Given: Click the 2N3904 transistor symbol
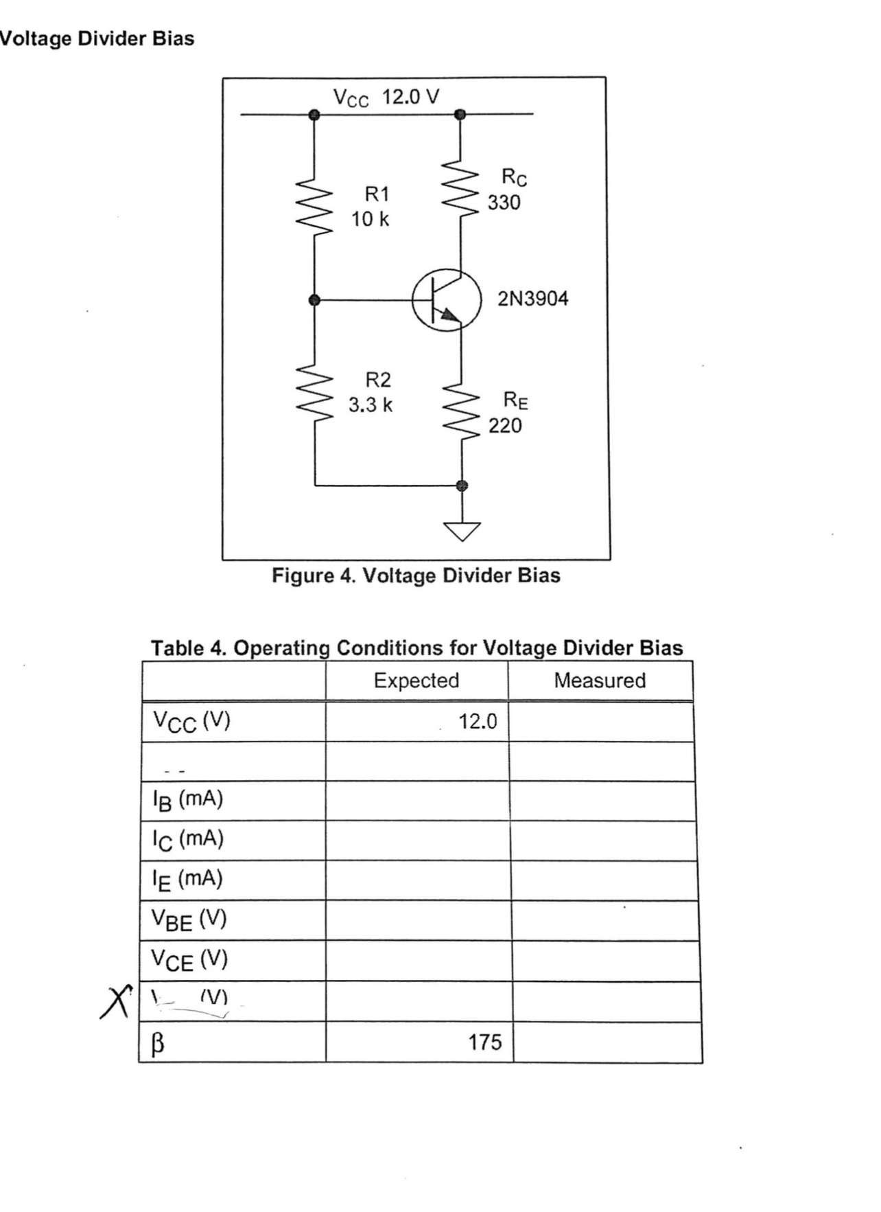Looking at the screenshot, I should (x=446, y=300).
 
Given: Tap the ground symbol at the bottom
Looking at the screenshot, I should (x=462, y=530).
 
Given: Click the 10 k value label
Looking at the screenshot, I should (x=370, y=220).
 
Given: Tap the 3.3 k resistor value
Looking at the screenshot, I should (x=371, y=405).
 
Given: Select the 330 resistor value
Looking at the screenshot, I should (x=504, y=203).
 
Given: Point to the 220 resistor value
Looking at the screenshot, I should (x=505, y=426).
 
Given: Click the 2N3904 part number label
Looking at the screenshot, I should (x=533, y=299).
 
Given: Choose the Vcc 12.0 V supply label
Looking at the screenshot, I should (x=386, y=98).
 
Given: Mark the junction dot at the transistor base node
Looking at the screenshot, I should (x=315, y=300).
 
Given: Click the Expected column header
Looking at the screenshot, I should (x=416, y=681).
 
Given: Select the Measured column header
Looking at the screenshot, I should (x=600, y=681).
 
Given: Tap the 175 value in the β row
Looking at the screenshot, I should (x=485, y=1042).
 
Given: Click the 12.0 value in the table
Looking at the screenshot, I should (x=478, y=722).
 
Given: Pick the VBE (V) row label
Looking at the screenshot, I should (x=189, y=919).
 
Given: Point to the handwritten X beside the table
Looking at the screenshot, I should (x=115, y=1001).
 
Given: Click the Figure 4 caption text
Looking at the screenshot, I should (x=416, y=575).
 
